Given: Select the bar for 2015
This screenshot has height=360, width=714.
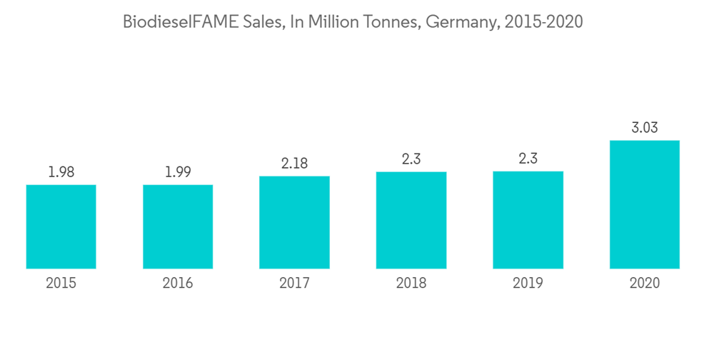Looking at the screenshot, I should [61, 226].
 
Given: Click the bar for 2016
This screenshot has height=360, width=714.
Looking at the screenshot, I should [178, 226].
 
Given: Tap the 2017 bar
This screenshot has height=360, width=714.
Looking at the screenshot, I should [294, 222].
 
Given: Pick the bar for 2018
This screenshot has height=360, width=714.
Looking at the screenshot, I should [411, 220].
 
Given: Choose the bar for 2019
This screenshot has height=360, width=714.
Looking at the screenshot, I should [528, 220].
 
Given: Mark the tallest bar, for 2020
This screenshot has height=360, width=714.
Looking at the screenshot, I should [645, 204].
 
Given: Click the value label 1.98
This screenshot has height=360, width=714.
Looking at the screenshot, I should [61, 172].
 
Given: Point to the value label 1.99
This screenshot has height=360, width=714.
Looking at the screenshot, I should [178, 172].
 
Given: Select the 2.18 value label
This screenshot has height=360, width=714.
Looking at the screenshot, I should [294, 164].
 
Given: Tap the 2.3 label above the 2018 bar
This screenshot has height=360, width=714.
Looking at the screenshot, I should [411, 159].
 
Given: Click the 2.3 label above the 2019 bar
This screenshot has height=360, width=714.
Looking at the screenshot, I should [528, 159].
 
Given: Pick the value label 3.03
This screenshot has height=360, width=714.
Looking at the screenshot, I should [645, 128].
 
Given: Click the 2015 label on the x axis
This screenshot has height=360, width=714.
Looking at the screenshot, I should [61, 284].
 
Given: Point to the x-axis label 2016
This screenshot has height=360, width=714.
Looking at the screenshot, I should [178, 284].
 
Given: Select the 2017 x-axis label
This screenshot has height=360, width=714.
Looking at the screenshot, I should [294, 284].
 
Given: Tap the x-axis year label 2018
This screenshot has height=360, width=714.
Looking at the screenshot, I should [411, 284].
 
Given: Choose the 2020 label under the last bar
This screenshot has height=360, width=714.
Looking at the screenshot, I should [645, 284].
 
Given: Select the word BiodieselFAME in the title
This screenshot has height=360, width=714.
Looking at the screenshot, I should [179, 22].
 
